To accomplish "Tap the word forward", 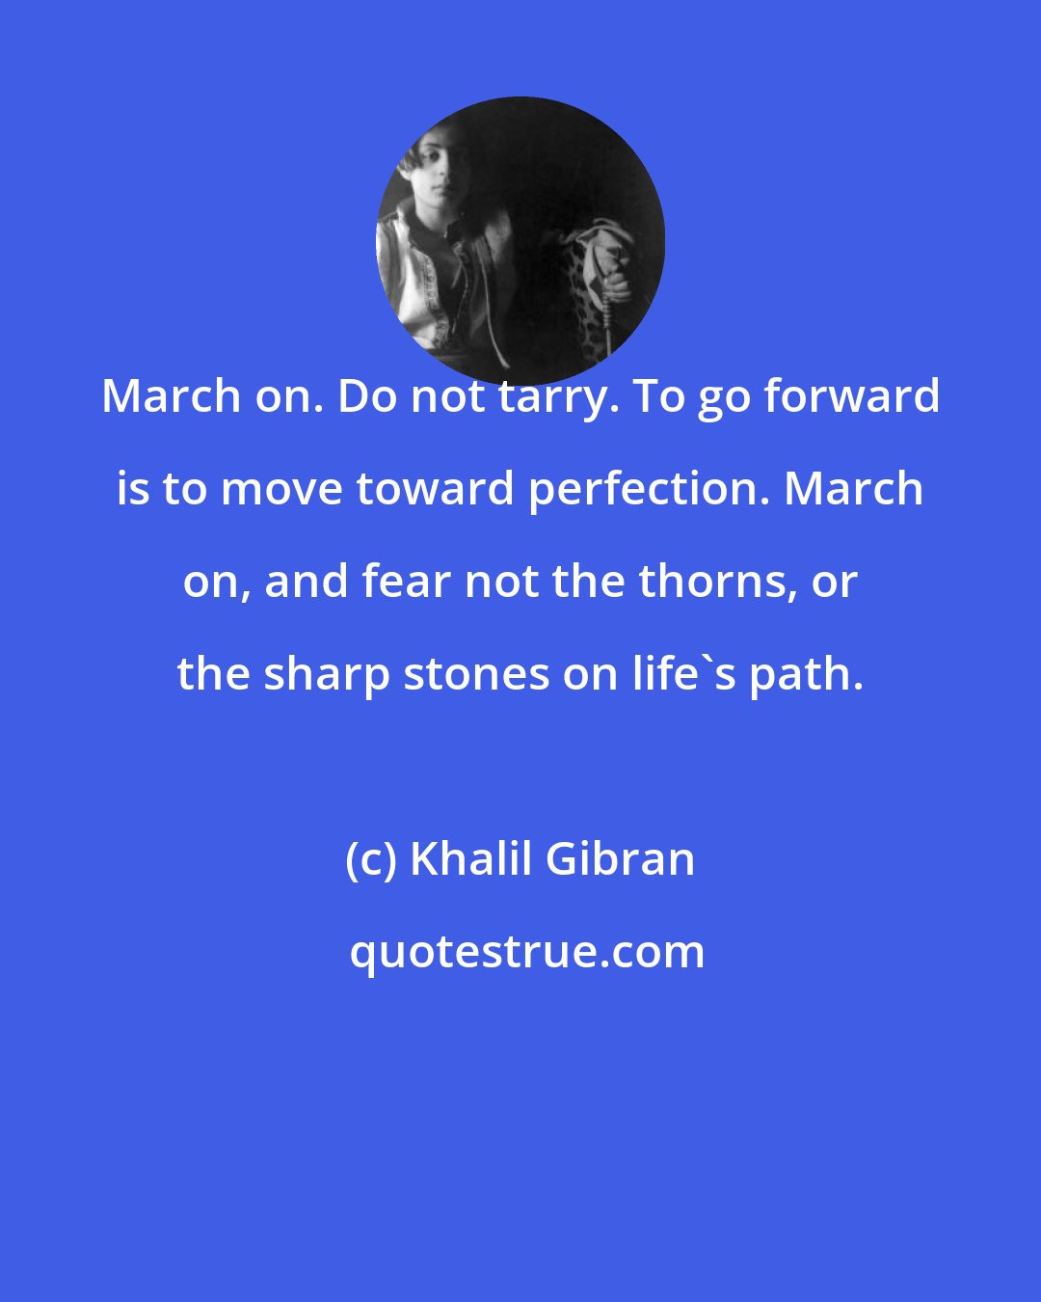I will pyautogui.click(x=848, y=396).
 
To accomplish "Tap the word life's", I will pyautogui.click(x=683, y=674).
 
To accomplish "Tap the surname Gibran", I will pyautogui.click(x=620, y=858).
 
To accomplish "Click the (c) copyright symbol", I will pyautogui.click(x=370, y=858).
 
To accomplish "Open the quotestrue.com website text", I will pyautogui.click(x=526, y=952).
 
